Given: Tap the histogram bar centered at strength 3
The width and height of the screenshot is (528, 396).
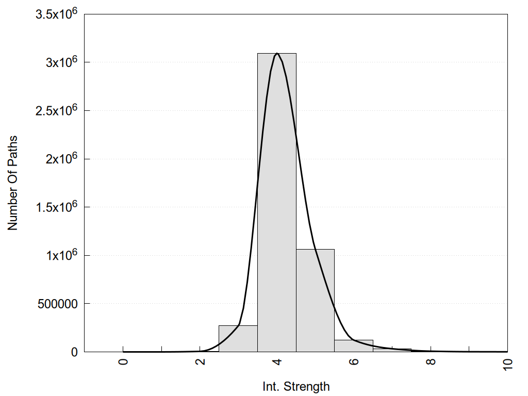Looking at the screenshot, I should [x=238, y=339].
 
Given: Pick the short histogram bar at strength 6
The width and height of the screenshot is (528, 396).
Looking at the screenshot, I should [x=354, y=346].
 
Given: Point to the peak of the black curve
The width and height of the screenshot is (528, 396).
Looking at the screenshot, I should [x=277, y=53].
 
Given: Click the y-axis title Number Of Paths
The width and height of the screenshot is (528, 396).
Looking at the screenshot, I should [x=13, y=183].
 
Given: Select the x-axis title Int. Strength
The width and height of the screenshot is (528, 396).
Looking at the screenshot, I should [x=295, y=386].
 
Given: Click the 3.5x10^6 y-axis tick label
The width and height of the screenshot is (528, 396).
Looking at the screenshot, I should [x=56, y=14].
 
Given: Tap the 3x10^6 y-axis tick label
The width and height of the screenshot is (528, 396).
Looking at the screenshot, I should [x=60, y=62].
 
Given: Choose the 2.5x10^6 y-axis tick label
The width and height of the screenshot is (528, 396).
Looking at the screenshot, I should [x=56, y=111].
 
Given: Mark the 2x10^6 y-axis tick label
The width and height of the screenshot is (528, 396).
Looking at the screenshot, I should [x=60, y=159].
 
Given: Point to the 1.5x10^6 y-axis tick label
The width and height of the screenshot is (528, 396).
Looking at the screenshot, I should [x=56, y=207].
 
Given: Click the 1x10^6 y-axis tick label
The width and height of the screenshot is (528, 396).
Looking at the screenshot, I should [x=60, y=256].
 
